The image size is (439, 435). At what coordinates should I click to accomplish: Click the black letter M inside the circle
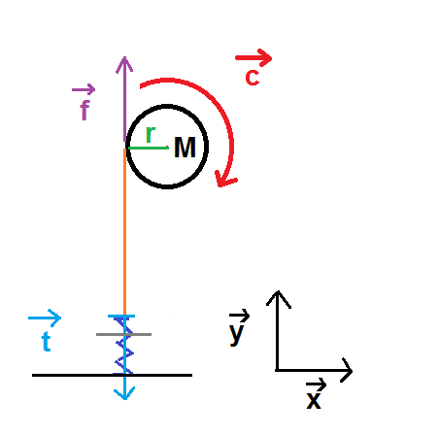pyautogui.click(x=185, y=148)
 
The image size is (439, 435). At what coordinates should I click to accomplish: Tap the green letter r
pyautogui.click(x=151, y=134)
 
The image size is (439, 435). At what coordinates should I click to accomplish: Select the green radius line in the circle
pyautogui.click(x=149, y=148)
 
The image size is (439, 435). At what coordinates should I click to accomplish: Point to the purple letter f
pyautogui.click(x=84, y=110)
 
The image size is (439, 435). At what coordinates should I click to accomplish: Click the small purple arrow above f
pyautogui.click(x=84, y=89)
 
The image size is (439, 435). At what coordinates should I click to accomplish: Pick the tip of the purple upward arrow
pyautogui.click(x=124, y=57)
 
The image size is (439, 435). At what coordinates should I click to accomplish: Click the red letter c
pyautogui.click(x=253, y=78)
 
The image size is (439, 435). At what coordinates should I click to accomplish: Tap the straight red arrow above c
pyautogui.click(x=253, y=58)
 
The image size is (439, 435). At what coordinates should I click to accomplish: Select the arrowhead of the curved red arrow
pyautogui.click(x=225, y=181)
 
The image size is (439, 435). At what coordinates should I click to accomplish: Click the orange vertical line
pyautogui.click(x=124, y=231)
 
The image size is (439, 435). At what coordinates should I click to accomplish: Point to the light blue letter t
pyautogui.click(x=47, y=342)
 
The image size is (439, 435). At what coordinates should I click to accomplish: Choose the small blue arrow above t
pyautogui.click(x=45, y=318)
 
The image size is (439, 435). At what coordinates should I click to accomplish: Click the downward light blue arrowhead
pyautogui.click(x=124, y=394)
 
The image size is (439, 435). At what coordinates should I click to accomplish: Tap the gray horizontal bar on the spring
pyautogui.click(x=123, y=334)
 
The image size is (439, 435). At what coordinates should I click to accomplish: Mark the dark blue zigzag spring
pyautogui.click(x=124, y=346)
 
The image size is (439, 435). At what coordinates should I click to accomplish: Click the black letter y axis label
pyautogui.click(x=236, y=333)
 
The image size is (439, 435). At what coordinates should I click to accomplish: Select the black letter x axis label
pyautogui.click(x=314, y=401)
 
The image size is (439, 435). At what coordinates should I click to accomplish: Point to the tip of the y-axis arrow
pyautogui.click(x=278, y=291)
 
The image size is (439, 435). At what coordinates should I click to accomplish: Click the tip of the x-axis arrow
pyautogui.click(x=353, y=370)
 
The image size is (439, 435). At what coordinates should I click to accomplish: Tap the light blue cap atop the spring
pyautogui.click(x=121, y=316)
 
